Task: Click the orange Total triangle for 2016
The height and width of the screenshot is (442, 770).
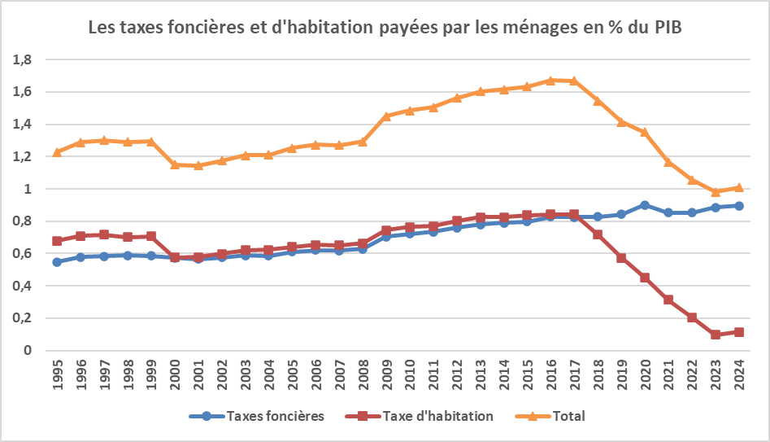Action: tap(550, 80)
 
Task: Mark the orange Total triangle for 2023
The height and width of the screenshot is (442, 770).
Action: tap(716, 191)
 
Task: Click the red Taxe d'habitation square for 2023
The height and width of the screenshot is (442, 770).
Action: tap(716, 335)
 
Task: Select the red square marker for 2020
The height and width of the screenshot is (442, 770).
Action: tap(645, 278)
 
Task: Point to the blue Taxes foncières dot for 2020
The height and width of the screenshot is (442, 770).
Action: tap(645, 205)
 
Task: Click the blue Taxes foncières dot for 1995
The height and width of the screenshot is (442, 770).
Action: tap(57, 262)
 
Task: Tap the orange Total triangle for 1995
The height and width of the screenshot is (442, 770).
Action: tap(57, 152)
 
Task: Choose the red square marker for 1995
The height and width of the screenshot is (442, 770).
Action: tap(57, 241)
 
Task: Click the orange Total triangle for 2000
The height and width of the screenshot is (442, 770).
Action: tap(175, 164)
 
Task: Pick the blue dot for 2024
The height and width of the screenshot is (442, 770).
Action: tap(738, 206)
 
